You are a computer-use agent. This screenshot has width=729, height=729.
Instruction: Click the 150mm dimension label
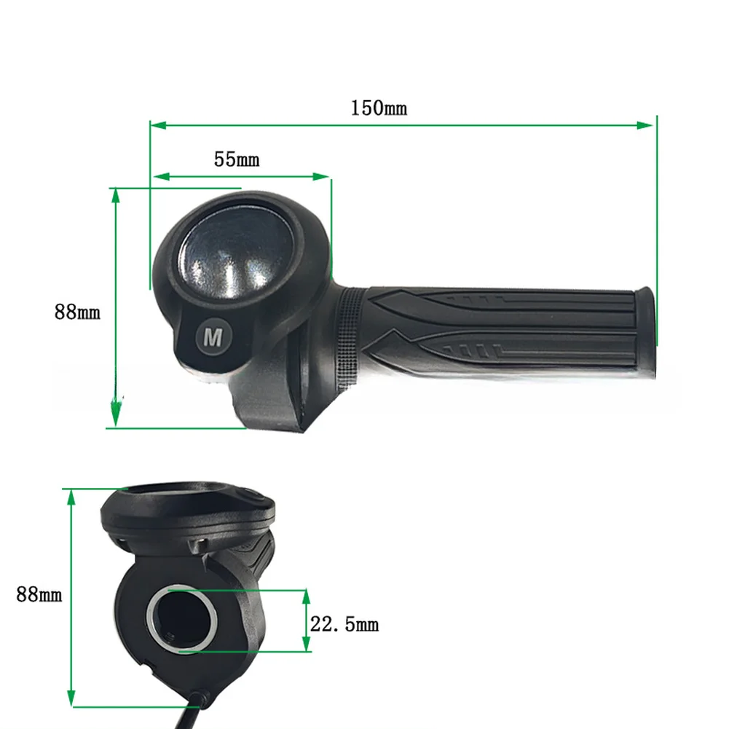(379, 108)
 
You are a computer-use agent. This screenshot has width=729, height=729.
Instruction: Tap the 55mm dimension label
(237, 159)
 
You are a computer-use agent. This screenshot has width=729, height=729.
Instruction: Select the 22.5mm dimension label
(344, 624)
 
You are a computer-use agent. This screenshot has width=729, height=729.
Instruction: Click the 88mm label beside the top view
(77, 312)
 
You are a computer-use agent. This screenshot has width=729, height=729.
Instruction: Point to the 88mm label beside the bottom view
(39, 594)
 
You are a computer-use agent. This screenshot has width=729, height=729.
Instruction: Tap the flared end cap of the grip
(646, 331)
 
